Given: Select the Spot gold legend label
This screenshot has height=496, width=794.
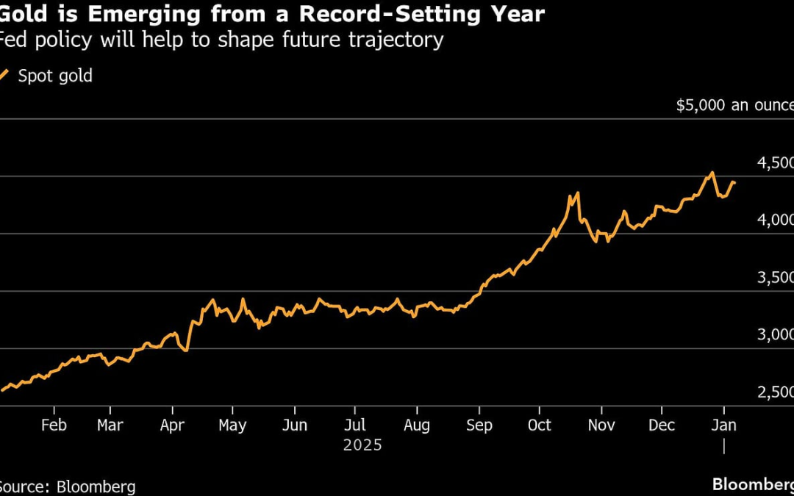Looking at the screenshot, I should coord(55,76).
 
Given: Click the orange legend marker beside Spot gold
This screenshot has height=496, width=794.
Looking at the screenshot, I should coord(4,75).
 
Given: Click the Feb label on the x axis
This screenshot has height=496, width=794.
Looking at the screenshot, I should coord(54,425).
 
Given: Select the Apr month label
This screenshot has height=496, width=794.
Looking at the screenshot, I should coord(172,425).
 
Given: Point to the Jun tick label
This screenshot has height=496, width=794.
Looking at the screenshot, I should coord(295,425).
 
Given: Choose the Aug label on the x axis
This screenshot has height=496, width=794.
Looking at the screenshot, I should coord(417,425).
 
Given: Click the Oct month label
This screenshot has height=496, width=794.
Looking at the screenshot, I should coord(540,425).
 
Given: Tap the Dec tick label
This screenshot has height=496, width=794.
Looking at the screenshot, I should coord(661,425).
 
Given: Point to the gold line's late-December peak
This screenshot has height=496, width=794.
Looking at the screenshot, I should coord(712,173).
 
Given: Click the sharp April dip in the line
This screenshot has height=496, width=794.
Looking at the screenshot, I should coord(187,350).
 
